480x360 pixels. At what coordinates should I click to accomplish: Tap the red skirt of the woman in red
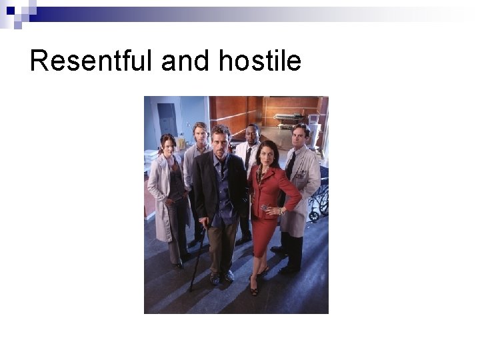click(x=265, y=237)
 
